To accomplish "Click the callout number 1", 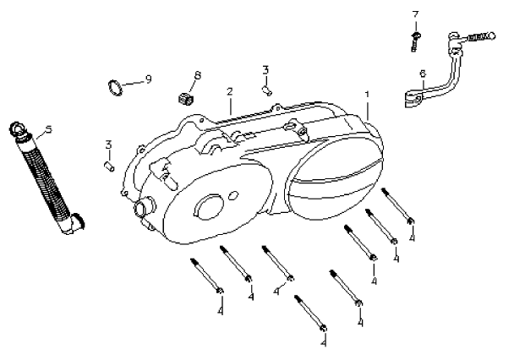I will coord(367,95).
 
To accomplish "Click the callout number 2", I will coord(229,91).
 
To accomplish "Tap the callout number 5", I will coord(48,129).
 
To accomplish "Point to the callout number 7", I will coord(415,14).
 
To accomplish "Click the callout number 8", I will coord(197,76).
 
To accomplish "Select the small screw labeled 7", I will coord(416,39).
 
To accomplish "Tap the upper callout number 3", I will coord(265,69).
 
